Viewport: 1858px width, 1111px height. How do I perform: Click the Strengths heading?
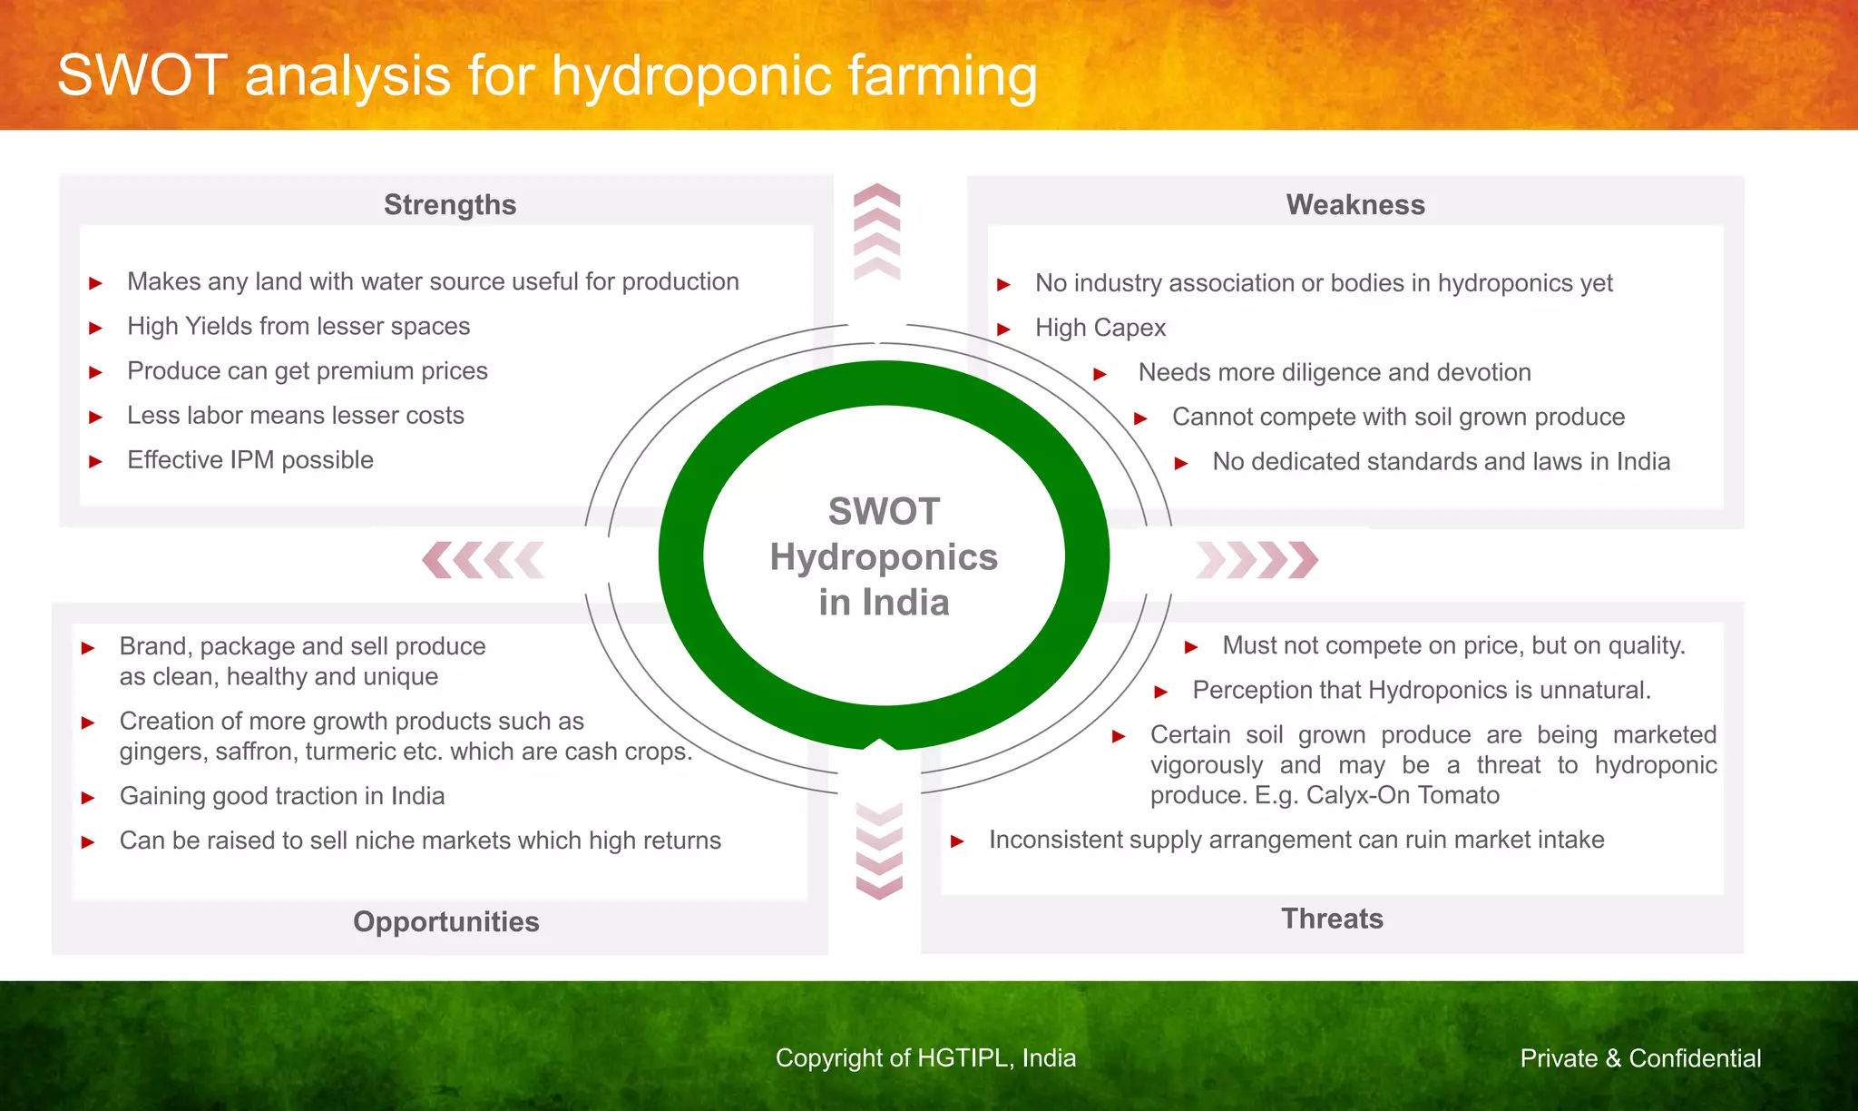450,205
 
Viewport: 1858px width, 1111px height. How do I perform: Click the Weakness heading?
1355,205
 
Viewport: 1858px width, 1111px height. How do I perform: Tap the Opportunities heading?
445,921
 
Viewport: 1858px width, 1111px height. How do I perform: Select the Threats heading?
1332,919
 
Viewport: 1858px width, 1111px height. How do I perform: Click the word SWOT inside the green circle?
884,512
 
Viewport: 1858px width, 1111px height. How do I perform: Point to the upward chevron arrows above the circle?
877,231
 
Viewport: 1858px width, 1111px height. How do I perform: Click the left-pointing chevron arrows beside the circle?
484,560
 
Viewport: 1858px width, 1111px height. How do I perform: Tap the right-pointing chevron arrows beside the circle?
1257,560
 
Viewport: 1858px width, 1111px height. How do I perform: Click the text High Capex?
1100,328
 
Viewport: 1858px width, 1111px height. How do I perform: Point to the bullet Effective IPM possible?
250,460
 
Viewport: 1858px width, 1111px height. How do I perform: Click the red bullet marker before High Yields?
95,328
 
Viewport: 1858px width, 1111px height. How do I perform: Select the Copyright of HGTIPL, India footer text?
925,1058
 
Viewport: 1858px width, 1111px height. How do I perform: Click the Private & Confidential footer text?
1640,1058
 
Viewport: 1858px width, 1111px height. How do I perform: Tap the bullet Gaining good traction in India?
282,796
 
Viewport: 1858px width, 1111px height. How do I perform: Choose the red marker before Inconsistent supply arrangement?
956,841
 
